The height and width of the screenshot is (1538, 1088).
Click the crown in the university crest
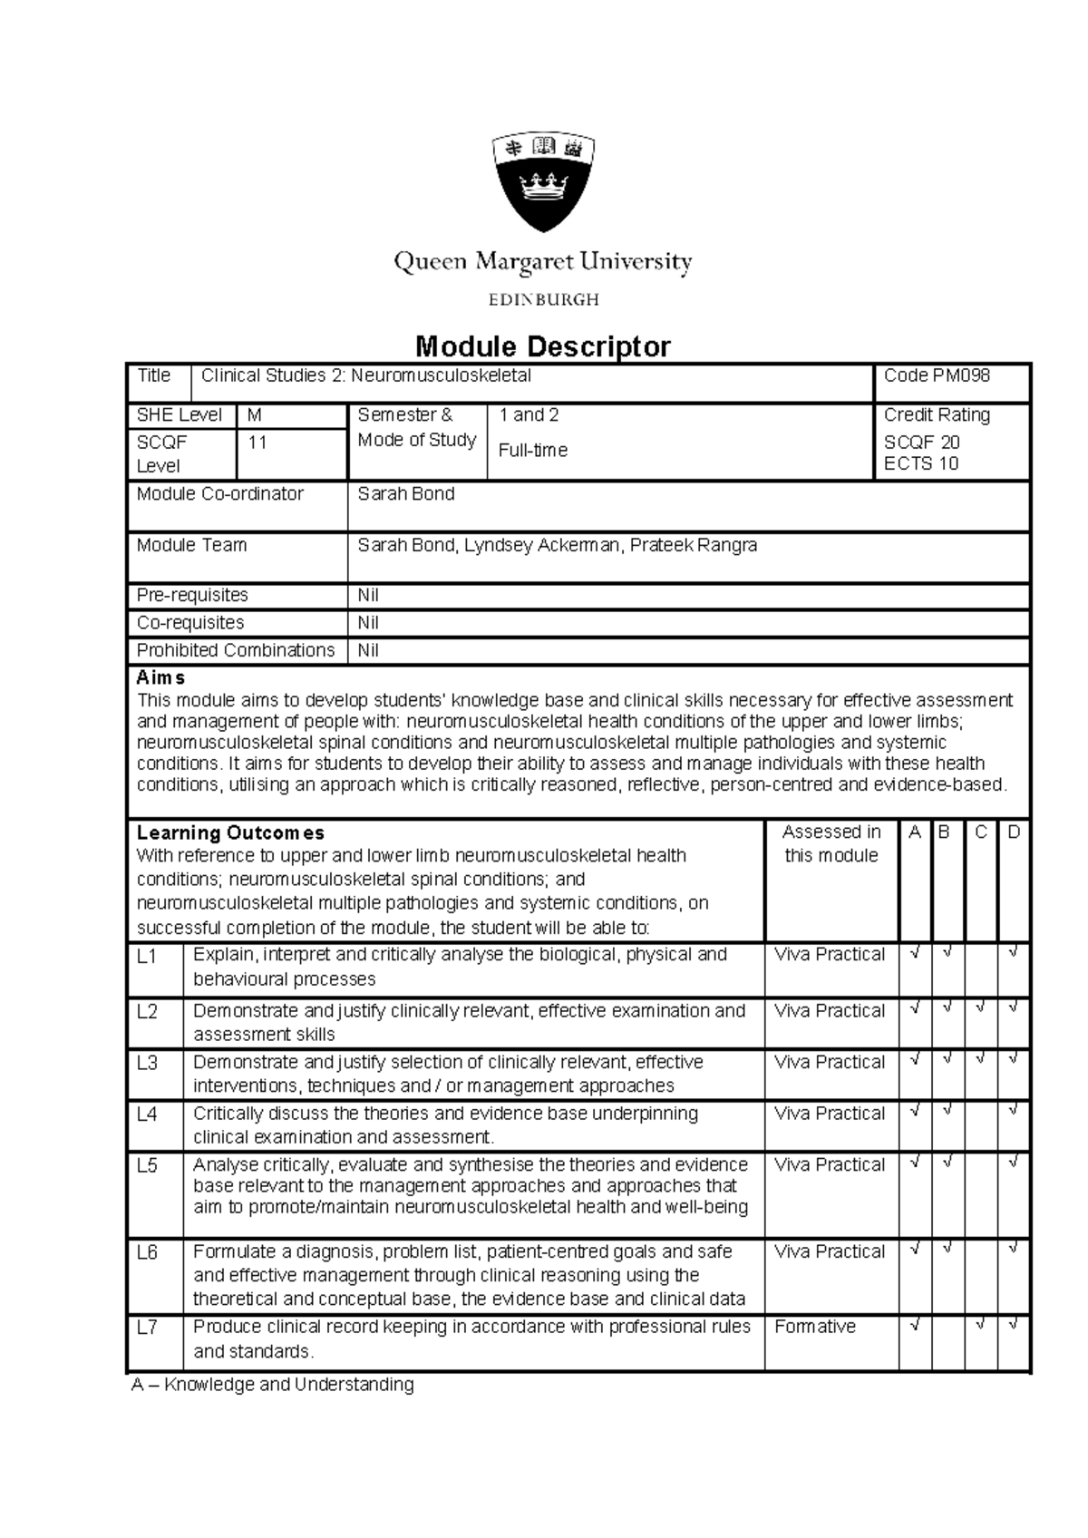click(543, 190)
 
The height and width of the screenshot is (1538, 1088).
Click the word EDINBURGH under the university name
click(543, 299)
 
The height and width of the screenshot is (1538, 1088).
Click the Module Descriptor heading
click(542, 346)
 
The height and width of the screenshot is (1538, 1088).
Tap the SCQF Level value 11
click(257, 443)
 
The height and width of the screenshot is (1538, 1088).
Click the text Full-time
click(533, 450)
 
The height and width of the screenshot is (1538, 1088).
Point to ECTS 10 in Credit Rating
click(920, 463)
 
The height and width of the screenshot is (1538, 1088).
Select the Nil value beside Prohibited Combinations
click(368, 650)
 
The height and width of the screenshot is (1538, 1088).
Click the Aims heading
click(160, 677)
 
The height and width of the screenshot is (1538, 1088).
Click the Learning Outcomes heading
click(230, 832)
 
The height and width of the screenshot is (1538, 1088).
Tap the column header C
click(981, 832)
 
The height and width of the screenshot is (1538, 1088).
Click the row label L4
click(147, 1114)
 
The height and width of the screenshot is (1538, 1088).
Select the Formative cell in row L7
click(814, 1327)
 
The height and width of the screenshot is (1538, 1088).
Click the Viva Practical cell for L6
click(829, 1251)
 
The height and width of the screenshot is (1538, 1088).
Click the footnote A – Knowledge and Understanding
click(272, 1385)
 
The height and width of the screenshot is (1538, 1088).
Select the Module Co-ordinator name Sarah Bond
click(405, 494)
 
